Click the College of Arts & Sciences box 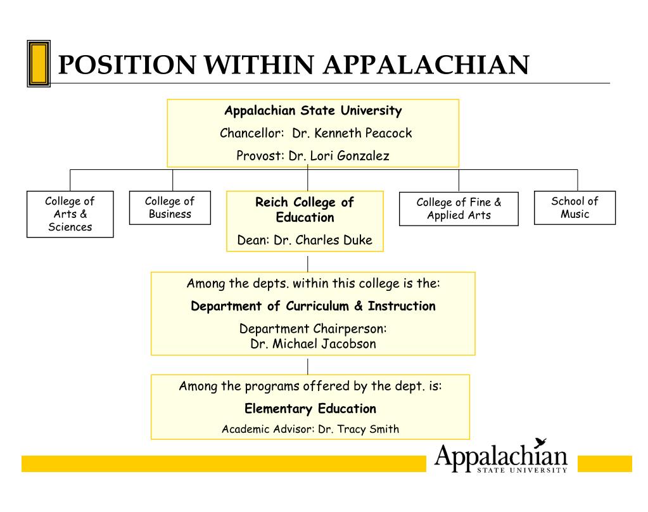70,214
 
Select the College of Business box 170,208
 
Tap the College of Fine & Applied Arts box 459,208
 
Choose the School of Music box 575,208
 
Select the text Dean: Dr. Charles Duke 305,240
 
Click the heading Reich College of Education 305,210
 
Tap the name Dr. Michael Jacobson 313,344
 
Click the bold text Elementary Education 310,409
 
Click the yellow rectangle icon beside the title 38,63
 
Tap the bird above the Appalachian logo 540,443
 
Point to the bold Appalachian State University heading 313,111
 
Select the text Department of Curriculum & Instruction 313,307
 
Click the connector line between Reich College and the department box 308,264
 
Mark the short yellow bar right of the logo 604,464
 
